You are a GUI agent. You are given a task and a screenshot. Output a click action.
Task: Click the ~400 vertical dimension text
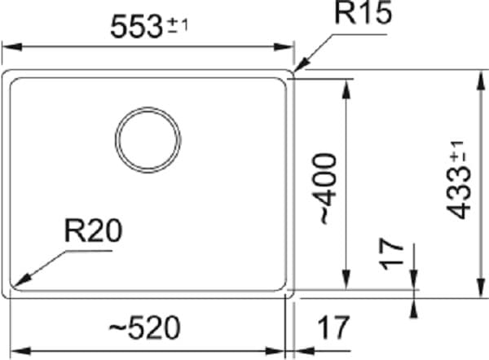pos(324,188)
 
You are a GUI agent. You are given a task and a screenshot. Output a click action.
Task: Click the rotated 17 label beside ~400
pos(393,254)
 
